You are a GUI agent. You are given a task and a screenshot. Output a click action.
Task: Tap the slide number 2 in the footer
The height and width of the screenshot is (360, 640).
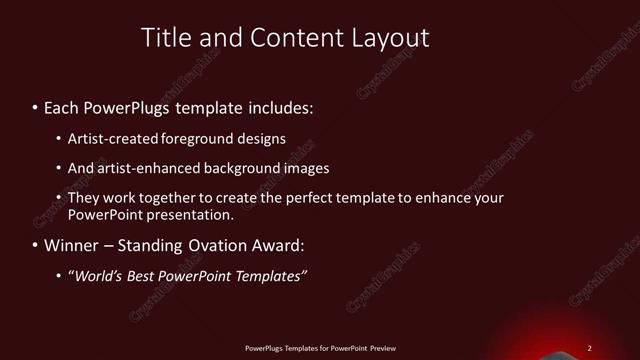pos(590,348)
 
